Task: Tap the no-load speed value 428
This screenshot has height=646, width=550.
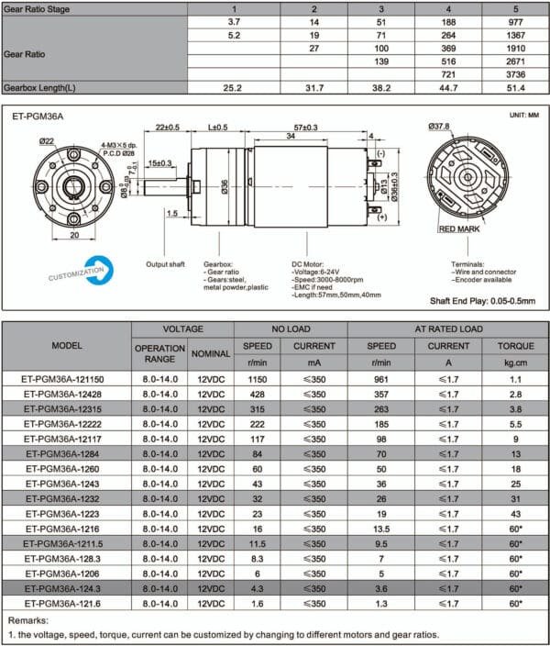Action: [257, 394]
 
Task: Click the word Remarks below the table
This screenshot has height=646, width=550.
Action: [29, 620]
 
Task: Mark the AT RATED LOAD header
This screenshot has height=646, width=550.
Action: [447, 329]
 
